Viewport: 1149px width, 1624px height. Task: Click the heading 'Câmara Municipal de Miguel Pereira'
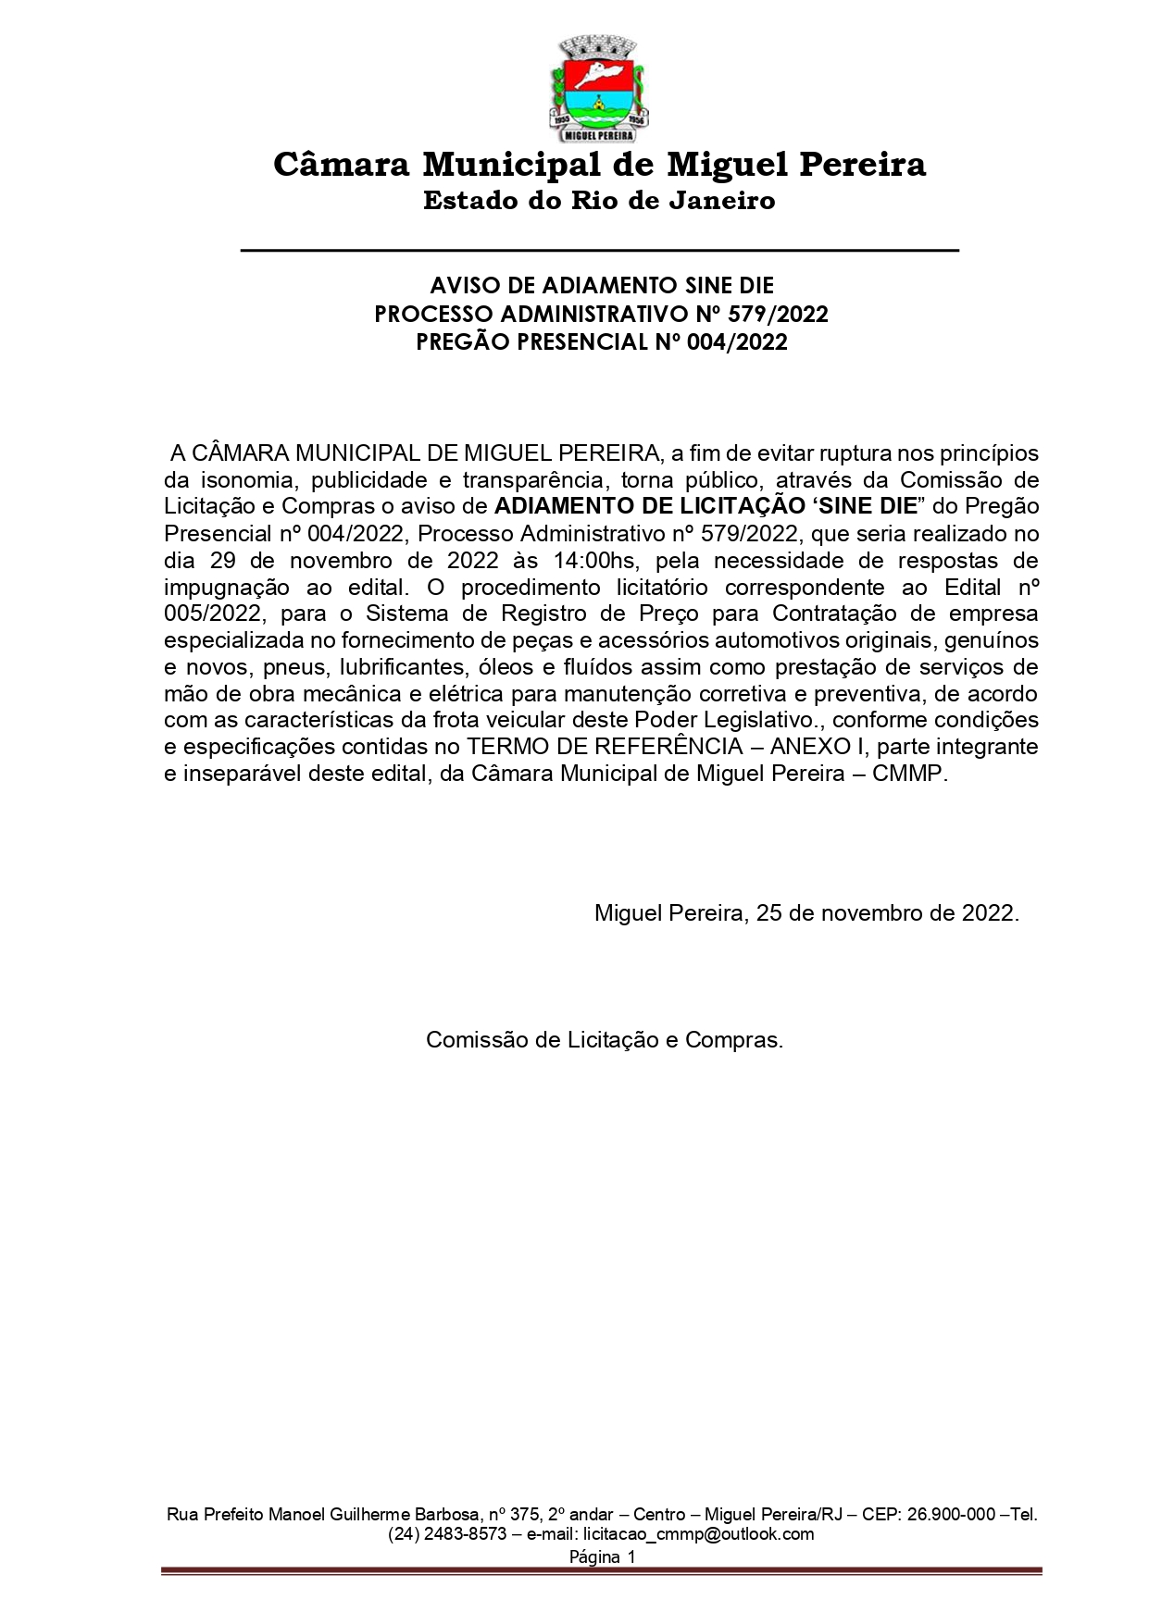[599, 165]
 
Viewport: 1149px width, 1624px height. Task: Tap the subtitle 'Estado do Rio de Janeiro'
[599, 201]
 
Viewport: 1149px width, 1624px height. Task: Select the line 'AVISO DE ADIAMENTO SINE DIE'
[601, 285]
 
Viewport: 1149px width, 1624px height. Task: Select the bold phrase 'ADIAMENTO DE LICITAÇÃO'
[649, 507]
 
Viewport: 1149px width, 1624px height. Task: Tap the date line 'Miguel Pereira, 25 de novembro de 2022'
[806, 913]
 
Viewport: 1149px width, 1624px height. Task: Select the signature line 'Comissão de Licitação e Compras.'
[605, 1040]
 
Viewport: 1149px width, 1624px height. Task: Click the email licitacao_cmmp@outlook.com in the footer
[698, 1534]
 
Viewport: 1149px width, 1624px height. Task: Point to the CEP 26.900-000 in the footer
[947, 1515]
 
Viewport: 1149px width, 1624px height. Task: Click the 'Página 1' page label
[602, 1556]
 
